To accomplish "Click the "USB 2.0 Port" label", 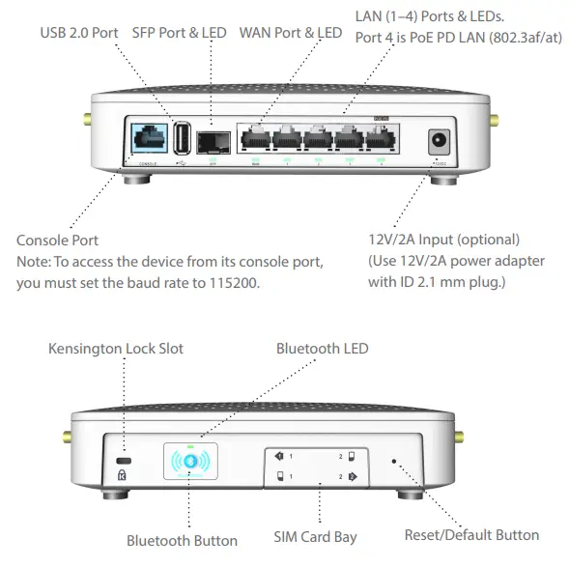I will (x=79, y=33).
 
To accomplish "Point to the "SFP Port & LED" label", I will (x=179, y=33).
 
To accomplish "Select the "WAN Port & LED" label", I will (x=290, y=33).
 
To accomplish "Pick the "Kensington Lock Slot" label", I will (x=115, y=348).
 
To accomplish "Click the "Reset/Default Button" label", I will (x=470, y=534).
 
